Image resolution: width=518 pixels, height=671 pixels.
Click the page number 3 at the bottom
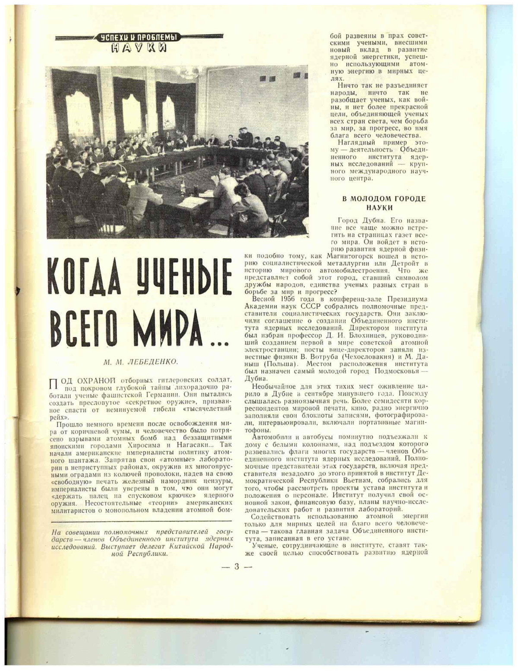pyautogui.click(x=237, y=567)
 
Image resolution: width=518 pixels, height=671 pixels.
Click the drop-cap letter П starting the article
pyautogui.click(x=54, y=384)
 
